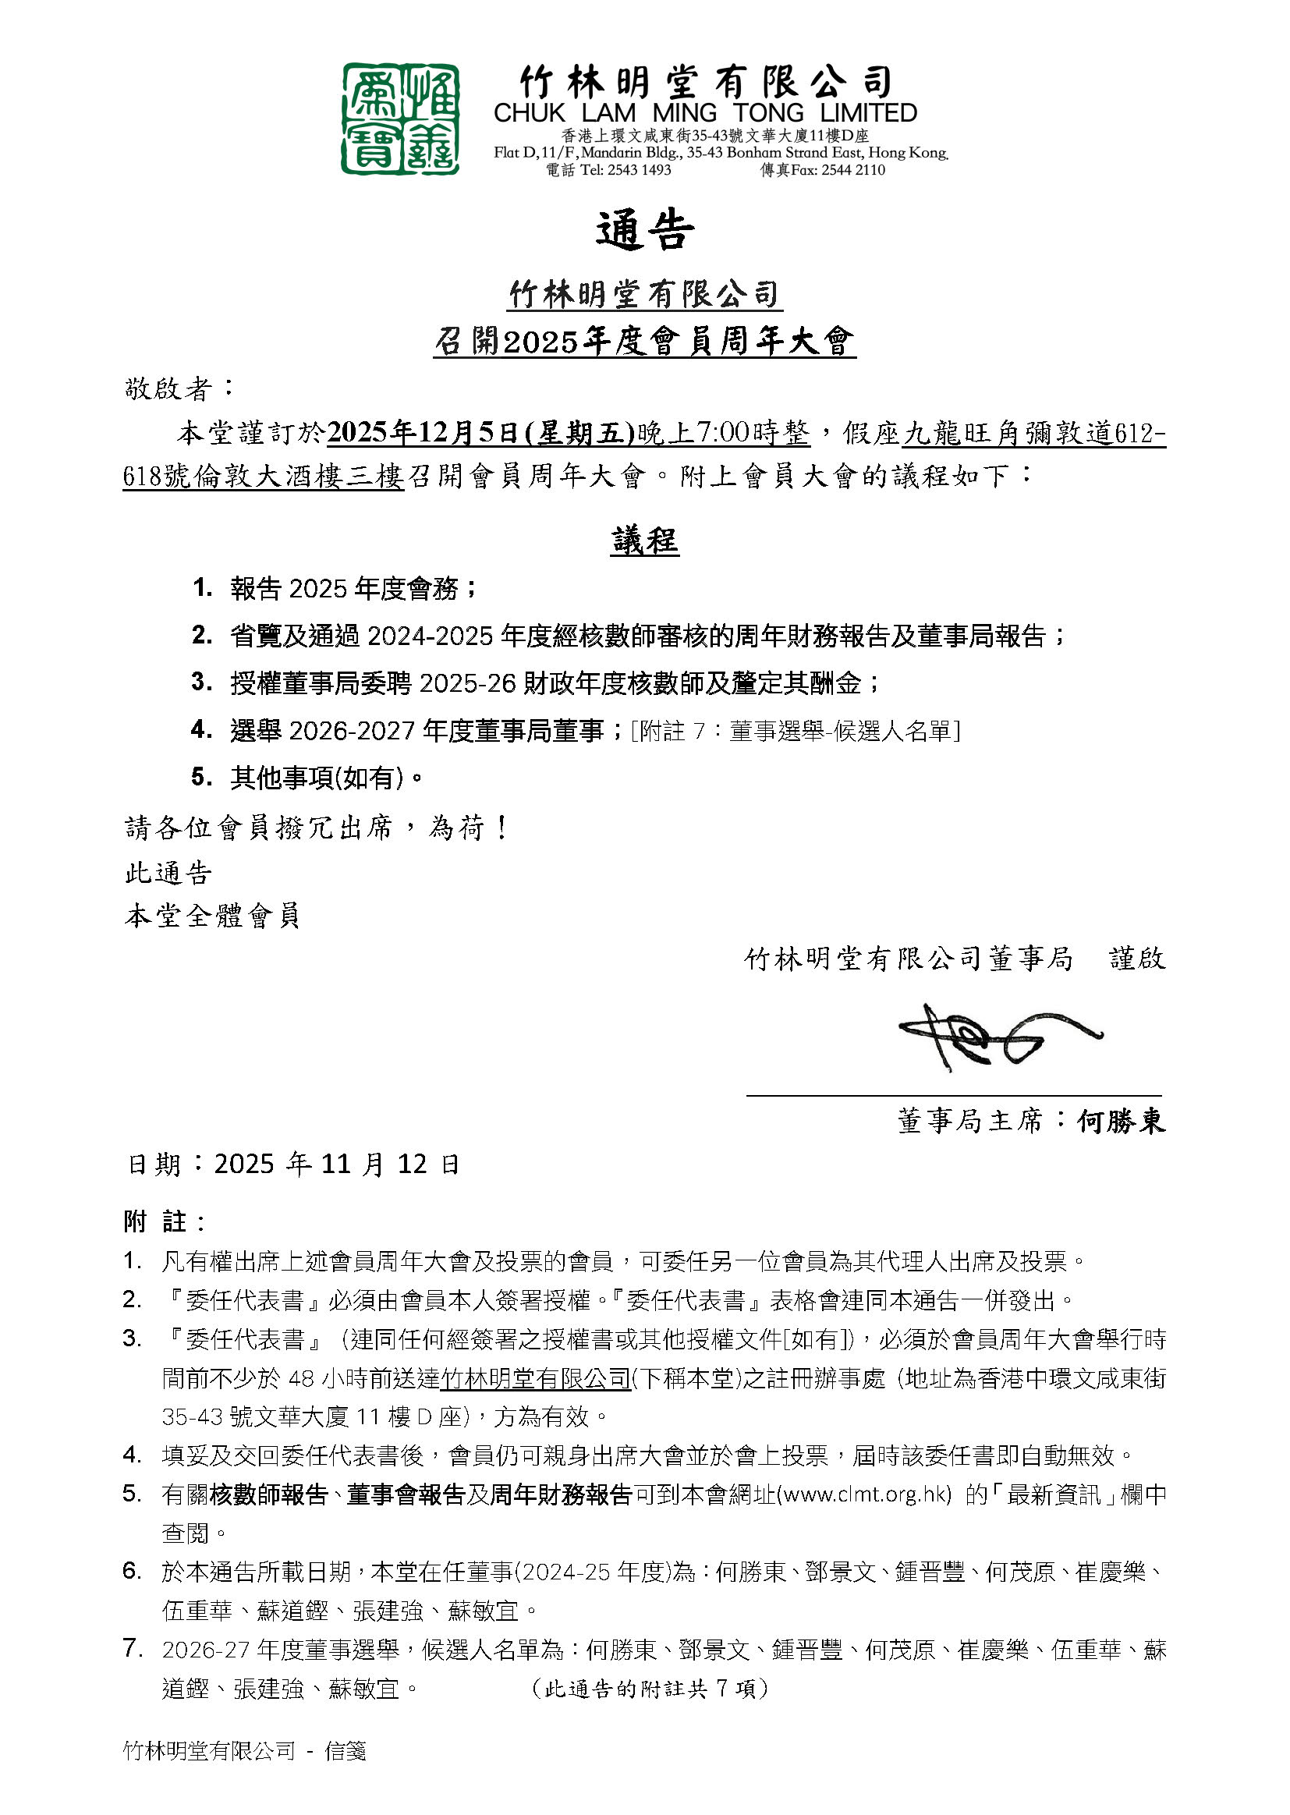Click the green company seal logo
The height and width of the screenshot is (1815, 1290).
click(399, 119)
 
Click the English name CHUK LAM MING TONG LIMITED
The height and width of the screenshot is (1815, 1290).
click(704, 113)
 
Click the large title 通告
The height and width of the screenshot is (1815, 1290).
click(644, 231)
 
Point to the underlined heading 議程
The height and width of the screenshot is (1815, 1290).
click(644, 542)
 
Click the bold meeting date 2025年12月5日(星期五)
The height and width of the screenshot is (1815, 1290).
click(480, 433)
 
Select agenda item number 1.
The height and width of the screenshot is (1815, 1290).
click(203, 588)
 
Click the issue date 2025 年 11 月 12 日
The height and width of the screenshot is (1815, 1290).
click(337, 1165)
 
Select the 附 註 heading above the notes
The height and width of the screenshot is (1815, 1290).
click(165, 1221)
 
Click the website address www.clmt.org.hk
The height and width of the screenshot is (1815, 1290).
click(866, 1494)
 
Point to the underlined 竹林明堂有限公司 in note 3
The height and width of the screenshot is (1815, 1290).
click(535, 1378)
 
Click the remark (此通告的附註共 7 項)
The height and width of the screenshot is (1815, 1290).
click(649, 1688)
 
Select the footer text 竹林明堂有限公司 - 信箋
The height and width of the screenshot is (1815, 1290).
click(245, 1749)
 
